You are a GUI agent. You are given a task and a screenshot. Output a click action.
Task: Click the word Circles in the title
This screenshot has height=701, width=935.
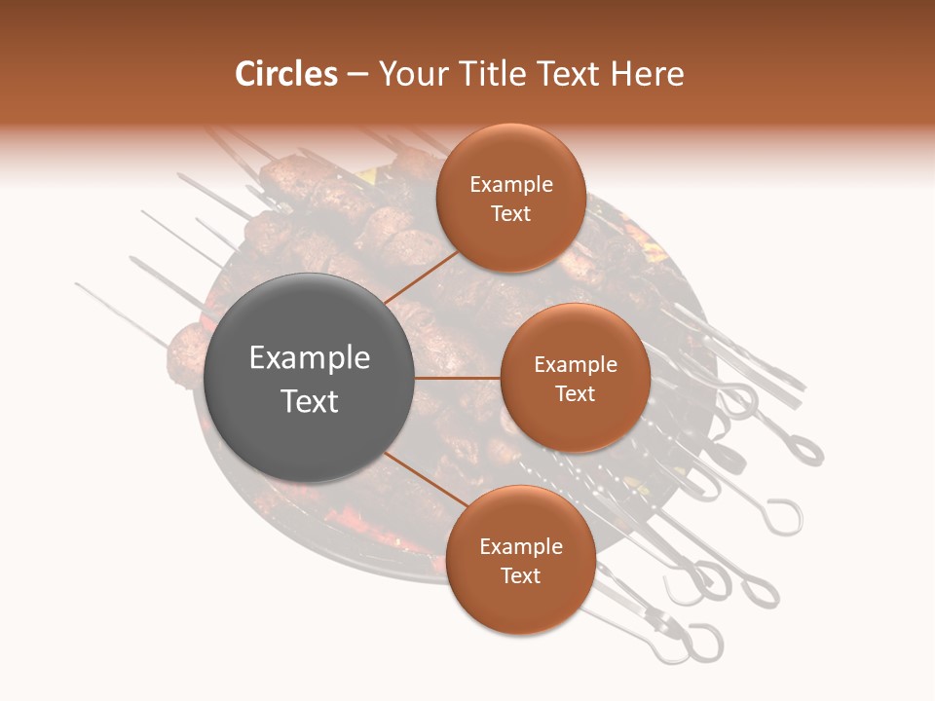[286, 74]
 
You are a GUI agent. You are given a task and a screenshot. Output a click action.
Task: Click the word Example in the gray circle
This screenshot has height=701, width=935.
[310, 358]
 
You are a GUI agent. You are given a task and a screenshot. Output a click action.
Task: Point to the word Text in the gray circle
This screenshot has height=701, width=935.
[310, 401]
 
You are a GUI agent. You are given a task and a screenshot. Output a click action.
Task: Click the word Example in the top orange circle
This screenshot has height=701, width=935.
[511, 185]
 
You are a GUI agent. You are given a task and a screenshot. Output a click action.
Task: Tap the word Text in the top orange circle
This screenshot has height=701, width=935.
[511, 213]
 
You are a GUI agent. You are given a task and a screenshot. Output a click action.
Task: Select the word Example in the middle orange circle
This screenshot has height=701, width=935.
[576, 365]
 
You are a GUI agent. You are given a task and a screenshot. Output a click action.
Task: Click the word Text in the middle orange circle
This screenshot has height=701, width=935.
[576, 393]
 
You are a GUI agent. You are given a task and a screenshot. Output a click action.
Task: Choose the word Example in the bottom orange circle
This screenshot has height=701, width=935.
[521, 547]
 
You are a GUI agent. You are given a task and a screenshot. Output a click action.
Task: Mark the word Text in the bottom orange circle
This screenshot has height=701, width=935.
[521, 575]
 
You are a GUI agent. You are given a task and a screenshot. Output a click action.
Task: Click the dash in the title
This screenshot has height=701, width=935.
[357, 75]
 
